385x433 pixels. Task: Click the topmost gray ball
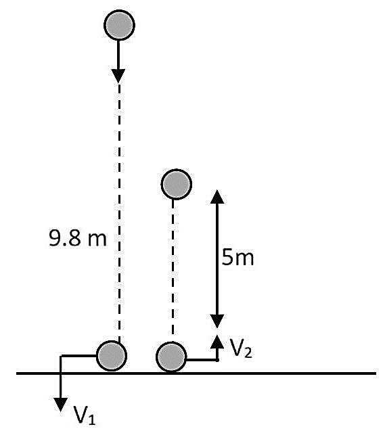[119, 25]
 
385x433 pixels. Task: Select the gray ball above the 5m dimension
[177, 184]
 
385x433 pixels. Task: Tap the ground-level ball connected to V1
[112, 356]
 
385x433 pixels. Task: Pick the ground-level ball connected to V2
[171, 357]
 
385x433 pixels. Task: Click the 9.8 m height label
[78, 238]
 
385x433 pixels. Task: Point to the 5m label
[237, 258]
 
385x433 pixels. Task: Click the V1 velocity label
[85, 415]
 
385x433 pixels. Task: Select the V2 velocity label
[241, 349]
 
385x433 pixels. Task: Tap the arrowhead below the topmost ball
[118, 76]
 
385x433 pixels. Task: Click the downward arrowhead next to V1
[60, 405]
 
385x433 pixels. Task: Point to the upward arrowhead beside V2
[217, 342]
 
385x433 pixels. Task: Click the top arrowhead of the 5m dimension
[217, 197]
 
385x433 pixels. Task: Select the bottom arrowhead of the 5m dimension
[217, 321]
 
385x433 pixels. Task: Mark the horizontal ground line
[196, 373]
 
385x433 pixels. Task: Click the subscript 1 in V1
[92, 419]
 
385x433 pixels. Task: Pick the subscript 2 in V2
[248, 353]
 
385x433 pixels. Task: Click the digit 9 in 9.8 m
[53, 238]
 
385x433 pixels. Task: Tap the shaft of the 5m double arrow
[217, 259]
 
